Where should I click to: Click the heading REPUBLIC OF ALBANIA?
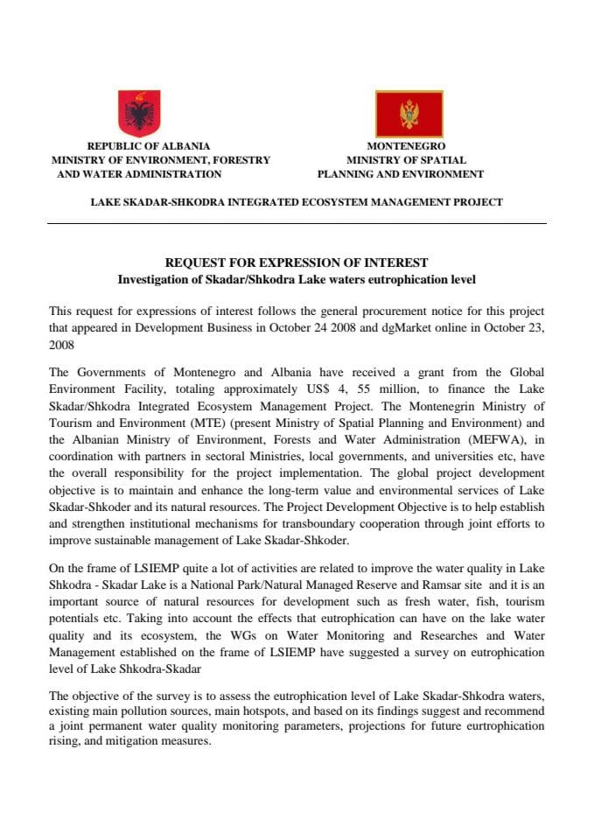coord(149,146)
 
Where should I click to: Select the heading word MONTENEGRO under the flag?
coord(406,146)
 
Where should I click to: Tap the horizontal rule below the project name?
coord(297,223)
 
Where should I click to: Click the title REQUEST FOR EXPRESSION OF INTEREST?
coord(297,262)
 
